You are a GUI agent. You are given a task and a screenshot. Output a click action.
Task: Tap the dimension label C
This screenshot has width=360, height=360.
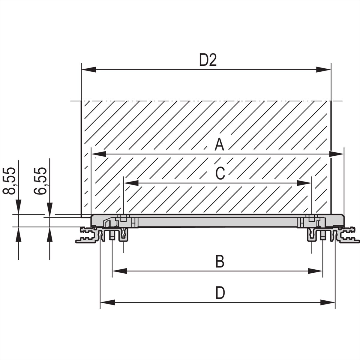click(220, 173)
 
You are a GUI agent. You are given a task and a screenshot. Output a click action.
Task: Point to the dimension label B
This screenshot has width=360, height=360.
click(220, 261)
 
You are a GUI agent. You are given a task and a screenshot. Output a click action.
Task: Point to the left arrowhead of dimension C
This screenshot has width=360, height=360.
click(131, 183)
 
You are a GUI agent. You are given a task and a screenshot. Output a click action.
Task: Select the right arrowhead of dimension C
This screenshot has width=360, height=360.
click(304, 183)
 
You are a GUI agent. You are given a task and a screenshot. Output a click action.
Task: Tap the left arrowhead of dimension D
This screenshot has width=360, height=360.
click(107, 302)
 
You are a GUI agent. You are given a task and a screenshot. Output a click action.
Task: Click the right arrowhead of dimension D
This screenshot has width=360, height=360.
click(327, 302)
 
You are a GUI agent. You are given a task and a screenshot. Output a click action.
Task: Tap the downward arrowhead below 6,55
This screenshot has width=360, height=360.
click(49, 209)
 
